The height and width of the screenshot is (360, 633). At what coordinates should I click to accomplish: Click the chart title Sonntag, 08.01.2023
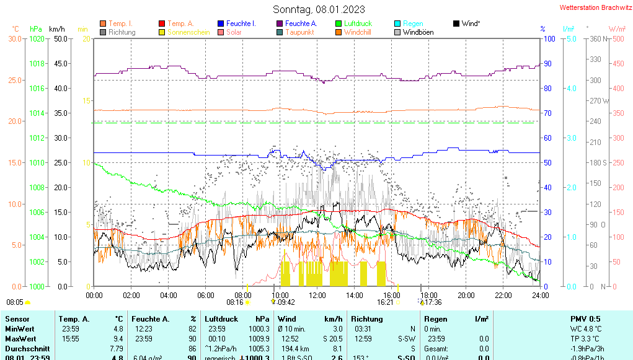click(x=319, y=9)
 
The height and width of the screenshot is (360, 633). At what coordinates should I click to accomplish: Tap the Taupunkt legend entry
click(x=299, y=32)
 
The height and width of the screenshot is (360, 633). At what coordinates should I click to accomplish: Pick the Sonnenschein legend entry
click(x=188, y=32)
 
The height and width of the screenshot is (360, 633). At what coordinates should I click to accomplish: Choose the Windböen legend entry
click(x=418, y=32)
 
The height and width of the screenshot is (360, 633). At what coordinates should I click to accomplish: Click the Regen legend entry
click(x=413, y=24)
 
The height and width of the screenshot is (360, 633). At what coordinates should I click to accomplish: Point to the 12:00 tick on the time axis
click(x=317, y=295)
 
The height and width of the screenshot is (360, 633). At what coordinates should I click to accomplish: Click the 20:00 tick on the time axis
click(x=466, y=295)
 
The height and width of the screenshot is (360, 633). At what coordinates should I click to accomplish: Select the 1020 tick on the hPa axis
click(x=37, y=38)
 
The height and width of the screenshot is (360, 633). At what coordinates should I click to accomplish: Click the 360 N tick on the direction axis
click(x=596, y=38)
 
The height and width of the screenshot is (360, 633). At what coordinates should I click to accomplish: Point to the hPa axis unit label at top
click(x=36, y=29)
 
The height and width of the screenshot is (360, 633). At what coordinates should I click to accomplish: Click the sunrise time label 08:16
click(x=235, y=302)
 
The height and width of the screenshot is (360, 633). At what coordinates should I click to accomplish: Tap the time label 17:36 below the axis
click(x=433, y=302)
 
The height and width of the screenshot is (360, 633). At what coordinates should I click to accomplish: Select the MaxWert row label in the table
click(x=20, y=339)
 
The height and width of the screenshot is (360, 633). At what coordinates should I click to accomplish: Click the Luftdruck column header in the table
click(x=221, y=319)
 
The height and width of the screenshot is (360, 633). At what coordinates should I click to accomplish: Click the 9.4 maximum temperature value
click(x=118, y=339)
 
